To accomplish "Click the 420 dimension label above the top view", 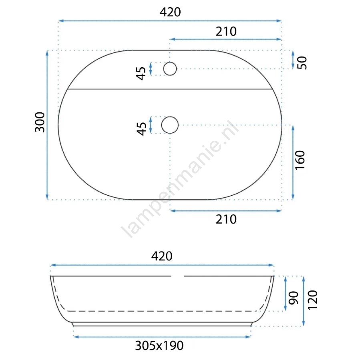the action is (170, 12).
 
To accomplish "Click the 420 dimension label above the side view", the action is (162, 256).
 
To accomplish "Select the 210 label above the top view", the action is (226, 32).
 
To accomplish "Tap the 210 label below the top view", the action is (226, 219).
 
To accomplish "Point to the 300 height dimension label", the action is (40, 122).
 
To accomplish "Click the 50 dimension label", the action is (302, 63).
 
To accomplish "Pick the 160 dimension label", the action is (300, 160).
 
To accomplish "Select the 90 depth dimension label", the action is (294, 298).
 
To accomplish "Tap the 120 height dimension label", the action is (313, 300).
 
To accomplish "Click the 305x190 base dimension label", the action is (159, 346).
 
